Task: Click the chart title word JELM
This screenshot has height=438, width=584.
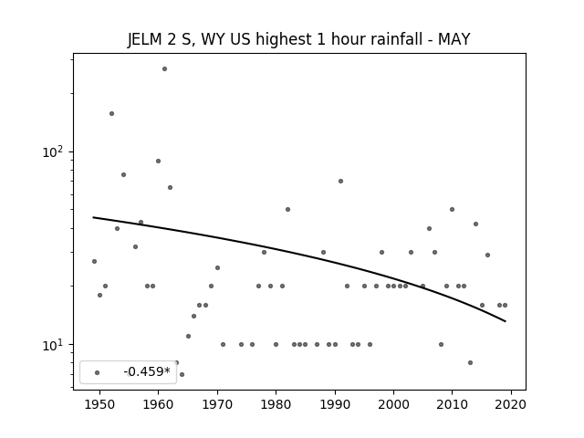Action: click(144, 39)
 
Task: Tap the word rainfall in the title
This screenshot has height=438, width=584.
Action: click(396, 39)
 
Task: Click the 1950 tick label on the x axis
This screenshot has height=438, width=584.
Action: click(99, 404)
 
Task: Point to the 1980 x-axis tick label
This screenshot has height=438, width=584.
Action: click(276, 404)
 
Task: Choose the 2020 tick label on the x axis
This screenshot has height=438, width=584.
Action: click(511, 404)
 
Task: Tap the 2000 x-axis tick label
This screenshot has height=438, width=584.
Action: click(393, 404)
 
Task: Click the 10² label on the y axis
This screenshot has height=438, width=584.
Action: click(53, 152)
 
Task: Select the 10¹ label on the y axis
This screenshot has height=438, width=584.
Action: click(53, 345)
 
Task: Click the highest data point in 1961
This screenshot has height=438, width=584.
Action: click(164, 69)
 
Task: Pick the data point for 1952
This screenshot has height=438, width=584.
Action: click(111, 113)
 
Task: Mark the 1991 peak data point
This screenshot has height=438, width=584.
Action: click(340, 182)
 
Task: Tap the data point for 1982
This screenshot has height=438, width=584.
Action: click(288, 209)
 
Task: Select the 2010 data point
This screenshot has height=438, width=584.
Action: click(453, 209)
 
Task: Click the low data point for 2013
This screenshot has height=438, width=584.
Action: click(471, 363)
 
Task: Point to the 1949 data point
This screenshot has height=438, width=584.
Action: click(94, 262)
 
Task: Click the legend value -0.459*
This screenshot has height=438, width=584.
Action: click(147, 371)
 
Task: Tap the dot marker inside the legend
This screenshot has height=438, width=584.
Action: click(98, 373)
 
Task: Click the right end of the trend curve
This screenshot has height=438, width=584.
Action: click(506, 321)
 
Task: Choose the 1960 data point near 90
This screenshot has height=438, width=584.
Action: click(158, 161)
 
